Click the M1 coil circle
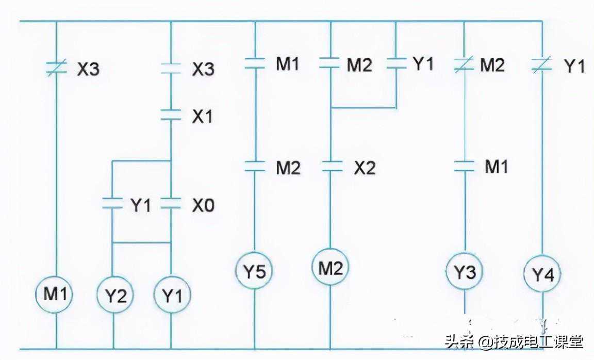pos(55,294)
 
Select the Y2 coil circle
pos(115,296)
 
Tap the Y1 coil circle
pos(172,296)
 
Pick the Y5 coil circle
pos(255,271)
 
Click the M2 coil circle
pos(330,268)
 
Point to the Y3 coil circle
pos(465,272)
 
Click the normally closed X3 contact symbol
pos(56,69)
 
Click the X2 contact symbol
pos(331,167)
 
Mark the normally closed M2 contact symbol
pos(465,64)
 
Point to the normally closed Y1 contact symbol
pos(542,65)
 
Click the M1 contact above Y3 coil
pos(465,166)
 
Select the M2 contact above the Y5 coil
pos(255,167)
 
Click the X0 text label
pos(203,206)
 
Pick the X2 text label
pos(365,168)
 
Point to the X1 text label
pos(203,117)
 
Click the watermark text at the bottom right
pos(514,341)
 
